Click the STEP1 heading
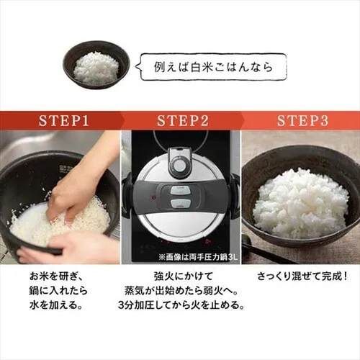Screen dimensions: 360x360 (x=63, y=120)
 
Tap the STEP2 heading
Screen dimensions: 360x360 (x=183, y=120)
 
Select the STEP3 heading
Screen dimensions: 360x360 (x=302, y=120)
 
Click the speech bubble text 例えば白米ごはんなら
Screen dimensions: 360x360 (x=213, y=67)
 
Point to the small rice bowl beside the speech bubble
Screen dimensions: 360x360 (x=96, y=65)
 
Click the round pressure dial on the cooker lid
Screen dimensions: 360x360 (x=179, y=165)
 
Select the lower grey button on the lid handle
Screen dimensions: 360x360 (x=180, y=204)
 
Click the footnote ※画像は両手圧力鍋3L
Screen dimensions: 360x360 (x=198, y=258)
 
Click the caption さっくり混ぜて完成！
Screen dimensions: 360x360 (x=302, y=276)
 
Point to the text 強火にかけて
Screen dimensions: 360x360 (x=184, y=276)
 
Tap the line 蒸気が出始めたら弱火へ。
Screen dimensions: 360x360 (x=181, y=291)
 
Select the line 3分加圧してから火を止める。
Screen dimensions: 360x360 (x=181, y=305)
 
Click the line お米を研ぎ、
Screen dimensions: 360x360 (x=56, y=276)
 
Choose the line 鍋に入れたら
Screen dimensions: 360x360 (x=58, y=291)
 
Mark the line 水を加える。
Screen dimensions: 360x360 (x=56, y=305)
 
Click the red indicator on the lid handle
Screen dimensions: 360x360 (x=153, y=197)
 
